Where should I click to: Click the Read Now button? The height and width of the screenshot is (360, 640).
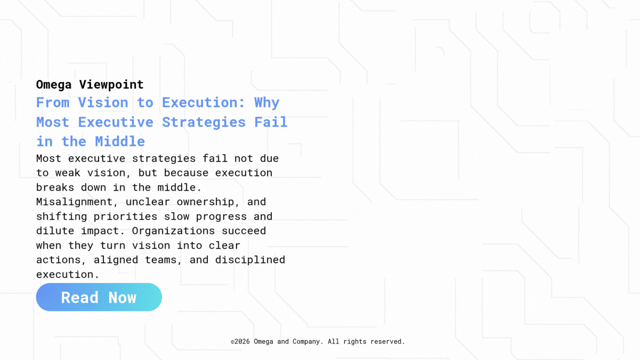click(99, 297)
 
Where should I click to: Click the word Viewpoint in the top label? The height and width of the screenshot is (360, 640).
click(111, 85)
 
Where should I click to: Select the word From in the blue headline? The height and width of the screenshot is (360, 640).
click(53, 103)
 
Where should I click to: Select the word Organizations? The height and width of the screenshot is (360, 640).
click(173, 231)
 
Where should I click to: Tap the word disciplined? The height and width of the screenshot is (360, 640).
click(250, 260)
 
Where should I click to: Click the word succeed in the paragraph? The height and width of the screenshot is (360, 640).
click(244, 231)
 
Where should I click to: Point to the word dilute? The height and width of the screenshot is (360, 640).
click(55, 231)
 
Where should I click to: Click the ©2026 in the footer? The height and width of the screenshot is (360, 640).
click(240, 342)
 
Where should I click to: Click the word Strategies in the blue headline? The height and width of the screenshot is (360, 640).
click(204, 123)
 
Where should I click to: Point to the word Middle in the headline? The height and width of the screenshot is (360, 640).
click(120, 142)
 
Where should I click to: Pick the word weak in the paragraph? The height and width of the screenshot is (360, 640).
click(68, 173)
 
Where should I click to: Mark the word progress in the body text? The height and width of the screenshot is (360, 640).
click(221, 217)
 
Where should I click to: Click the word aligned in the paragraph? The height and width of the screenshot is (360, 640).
click(116, 260)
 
